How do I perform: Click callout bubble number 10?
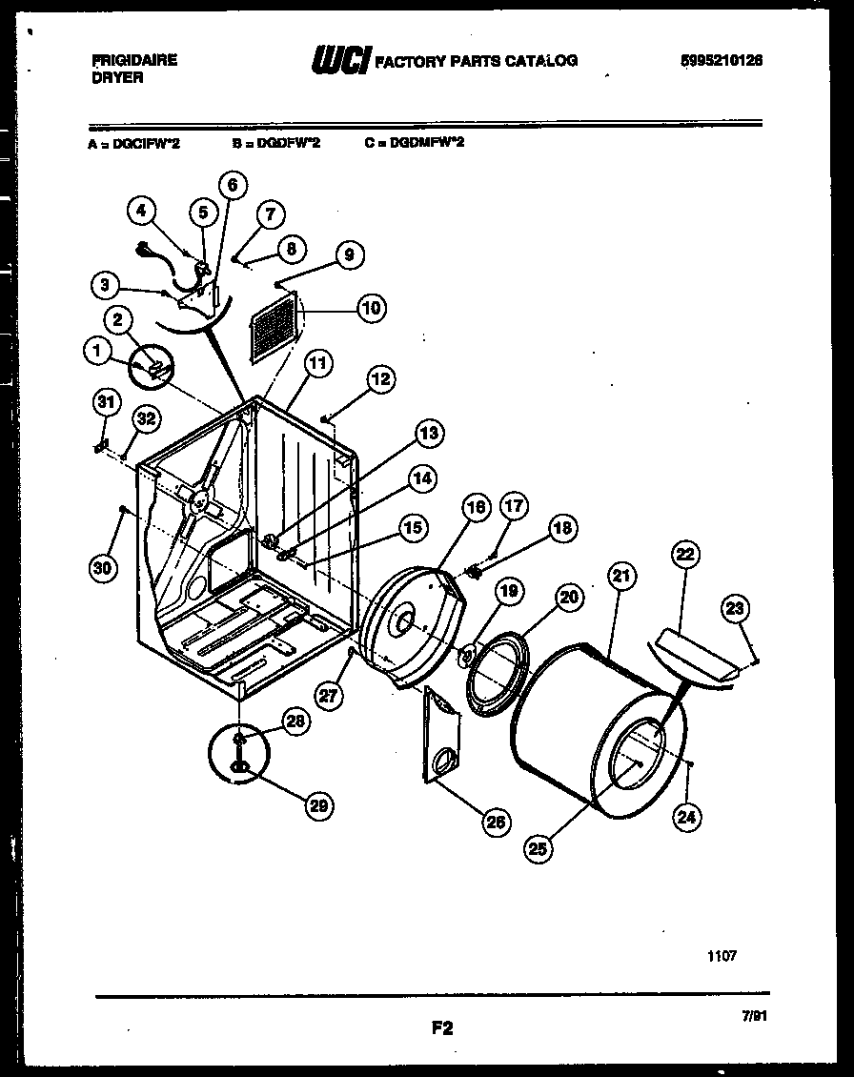coord(371,307)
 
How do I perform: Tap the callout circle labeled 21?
coord(621,576)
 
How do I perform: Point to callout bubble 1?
coord(97,353)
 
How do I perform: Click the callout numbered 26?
coord(496,822)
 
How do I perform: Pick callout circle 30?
coord(102,568)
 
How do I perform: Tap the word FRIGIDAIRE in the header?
coord(133,59)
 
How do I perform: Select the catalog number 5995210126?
coord(722,60)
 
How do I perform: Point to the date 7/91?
coord(753,1016)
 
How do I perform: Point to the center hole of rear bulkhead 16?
coord(405,623)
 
